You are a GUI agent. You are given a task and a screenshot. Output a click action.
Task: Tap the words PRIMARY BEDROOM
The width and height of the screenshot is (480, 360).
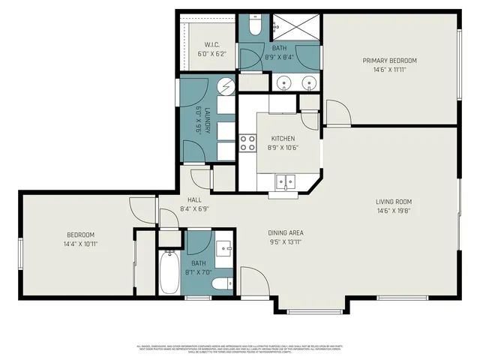point(389,61)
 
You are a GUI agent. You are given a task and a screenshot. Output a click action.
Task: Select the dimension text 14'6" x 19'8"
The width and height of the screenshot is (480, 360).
point(394,211)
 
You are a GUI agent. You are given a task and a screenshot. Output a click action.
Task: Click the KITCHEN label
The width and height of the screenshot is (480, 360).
point(283,139)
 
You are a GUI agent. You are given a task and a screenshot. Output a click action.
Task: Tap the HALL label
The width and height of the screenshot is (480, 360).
point(194,199)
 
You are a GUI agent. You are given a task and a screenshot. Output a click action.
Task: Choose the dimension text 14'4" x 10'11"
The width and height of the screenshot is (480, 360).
point(80,244)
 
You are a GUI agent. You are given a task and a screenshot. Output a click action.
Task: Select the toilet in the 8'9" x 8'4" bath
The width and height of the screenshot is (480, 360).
point(253,27)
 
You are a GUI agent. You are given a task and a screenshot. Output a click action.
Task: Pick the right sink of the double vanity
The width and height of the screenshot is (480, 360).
point(307,82)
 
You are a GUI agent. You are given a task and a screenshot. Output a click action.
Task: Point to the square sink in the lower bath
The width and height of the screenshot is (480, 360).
point(224,247)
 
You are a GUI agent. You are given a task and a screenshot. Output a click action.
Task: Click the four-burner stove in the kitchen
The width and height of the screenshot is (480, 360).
point(247,142)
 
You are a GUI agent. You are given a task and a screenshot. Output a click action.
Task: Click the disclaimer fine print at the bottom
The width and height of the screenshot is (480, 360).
point(240,349)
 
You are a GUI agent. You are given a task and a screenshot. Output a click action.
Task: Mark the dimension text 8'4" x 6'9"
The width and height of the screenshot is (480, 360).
point(194,209)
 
